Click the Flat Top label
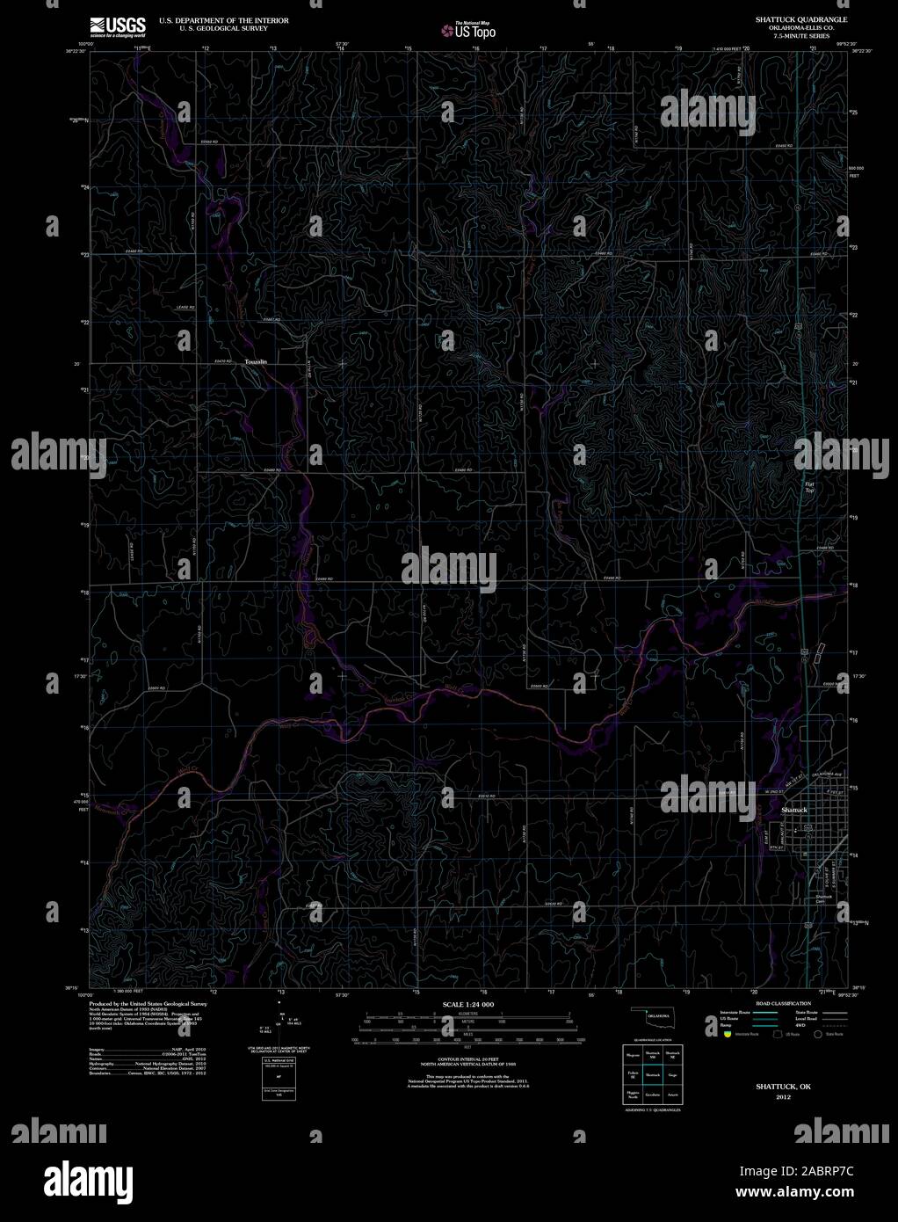pos(809,487)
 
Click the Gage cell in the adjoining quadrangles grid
pos(673,1074)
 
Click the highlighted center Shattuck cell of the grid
pos(653,1074)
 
